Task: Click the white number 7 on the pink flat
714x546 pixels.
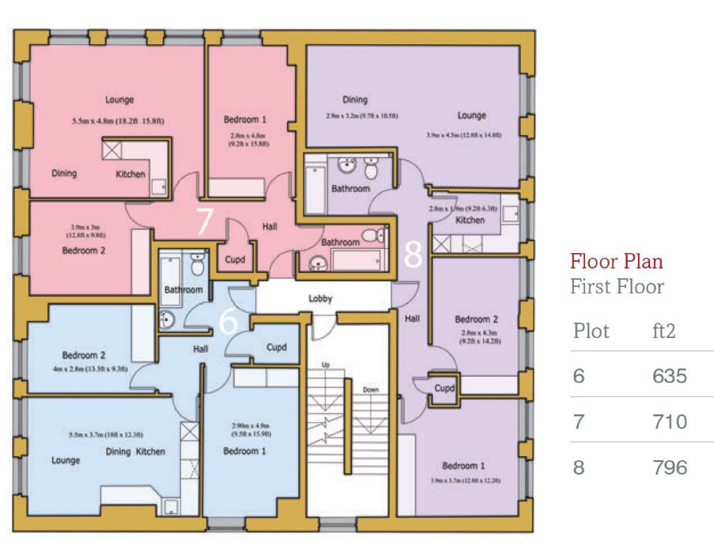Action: click(205, 221)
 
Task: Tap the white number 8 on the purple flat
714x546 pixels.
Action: click(413, 254)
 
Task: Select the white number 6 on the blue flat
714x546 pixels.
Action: click(228, 321)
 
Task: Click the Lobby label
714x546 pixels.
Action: click(320, 299)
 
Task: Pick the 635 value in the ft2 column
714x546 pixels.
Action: click(669, 376)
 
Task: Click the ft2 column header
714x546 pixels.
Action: click(664, 331)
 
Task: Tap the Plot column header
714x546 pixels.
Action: click(591, 331)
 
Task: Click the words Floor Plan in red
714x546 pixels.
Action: click(616, 262)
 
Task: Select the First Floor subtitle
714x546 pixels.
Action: click(617, 286)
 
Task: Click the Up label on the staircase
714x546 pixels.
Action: click(325, 364)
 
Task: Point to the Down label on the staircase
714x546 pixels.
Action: click(371, 389)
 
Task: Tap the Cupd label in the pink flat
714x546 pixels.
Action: click(235, 259)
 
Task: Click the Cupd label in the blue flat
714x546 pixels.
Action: click(276, 347)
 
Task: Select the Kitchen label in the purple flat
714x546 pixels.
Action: click(470, 220)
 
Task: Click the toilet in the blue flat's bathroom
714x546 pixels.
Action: click(197, 264)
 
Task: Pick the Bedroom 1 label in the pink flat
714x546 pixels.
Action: click(245, 119)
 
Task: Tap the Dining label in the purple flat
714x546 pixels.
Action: click(355, 100)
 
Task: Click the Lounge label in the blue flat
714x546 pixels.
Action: click(66, 460)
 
